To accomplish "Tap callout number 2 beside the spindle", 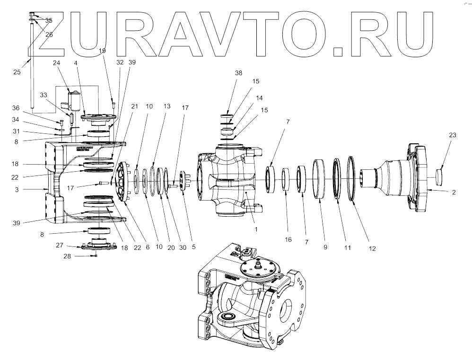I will coord(454,193).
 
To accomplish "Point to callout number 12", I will coord(372,248).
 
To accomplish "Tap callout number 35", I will coord(49,21).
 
